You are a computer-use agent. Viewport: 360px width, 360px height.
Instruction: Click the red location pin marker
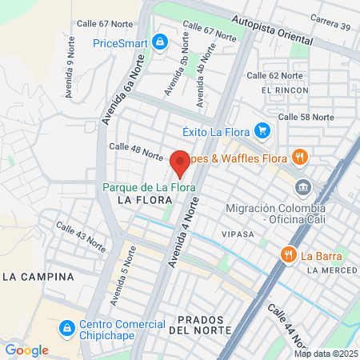coord(180,163)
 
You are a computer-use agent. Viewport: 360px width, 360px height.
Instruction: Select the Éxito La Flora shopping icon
coord(262,130)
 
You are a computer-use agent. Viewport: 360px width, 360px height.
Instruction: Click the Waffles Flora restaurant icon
coord(300,156)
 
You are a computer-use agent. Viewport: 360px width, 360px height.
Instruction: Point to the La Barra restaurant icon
coord(289,255)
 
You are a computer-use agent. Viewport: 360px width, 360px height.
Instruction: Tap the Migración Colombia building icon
coord(303,189)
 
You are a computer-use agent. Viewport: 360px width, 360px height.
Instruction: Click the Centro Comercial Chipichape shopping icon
coord(68,328)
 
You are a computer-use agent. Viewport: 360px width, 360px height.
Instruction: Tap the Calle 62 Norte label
coord(274,76)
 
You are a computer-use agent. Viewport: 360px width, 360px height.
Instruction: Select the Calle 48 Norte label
coord(136,150)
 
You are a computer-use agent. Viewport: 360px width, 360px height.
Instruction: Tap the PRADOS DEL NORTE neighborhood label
coord(200,324)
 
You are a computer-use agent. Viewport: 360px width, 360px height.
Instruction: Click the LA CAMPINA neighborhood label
coord(38,277)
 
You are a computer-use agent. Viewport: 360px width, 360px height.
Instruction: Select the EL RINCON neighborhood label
coord(284,90)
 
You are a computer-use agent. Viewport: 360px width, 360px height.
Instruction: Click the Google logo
coord(26,350)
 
